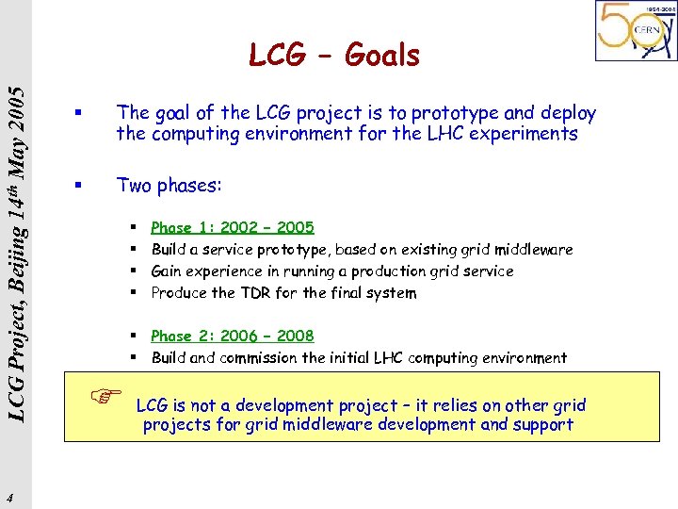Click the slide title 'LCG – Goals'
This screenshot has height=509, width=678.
334,56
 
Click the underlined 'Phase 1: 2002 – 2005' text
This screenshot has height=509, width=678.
233,227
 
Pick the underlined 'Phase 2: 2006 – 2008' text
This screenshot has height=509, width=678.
233,336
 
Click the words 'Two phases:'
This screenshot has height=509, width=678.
169,186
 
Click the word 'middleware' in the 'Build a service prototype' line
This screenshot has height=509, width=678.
528,250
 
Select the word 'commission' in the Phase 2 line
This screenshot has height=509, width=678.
259,358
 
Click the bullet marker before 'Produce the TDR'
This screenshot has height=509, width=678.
136,292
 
